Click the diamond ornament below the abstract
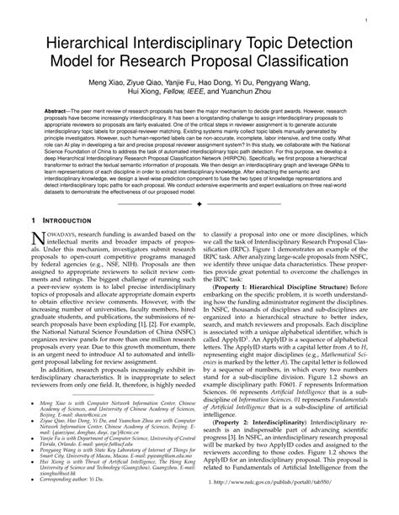click(x=199, y=226)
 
